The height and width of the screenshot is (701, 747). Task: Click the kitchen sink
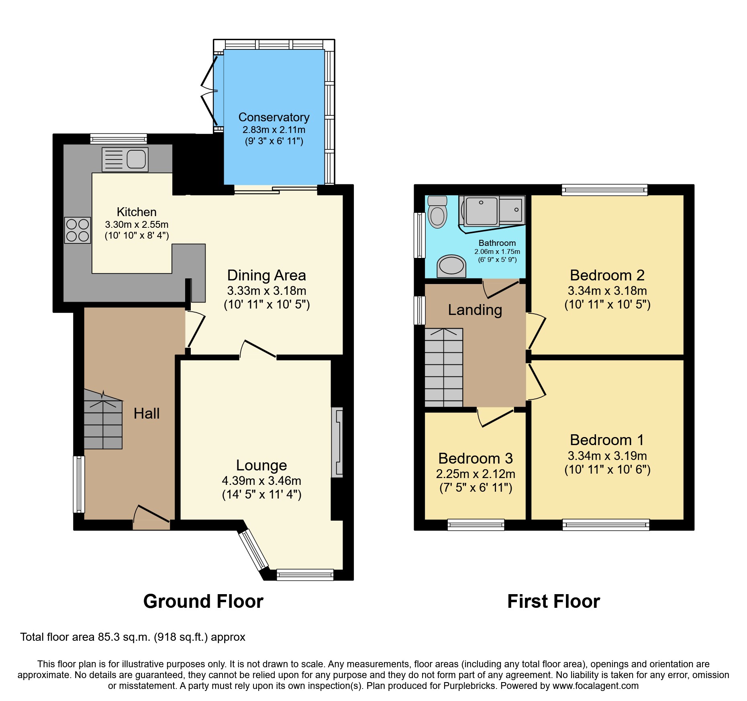pyautogui.click(x=125, y=159)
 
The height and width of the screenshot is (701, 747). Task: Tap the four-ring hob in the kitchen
pyautogui.click(x=78, y=230)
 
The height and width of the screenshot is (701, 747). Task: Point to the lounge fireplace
pyautogui.click(x=337, y=442)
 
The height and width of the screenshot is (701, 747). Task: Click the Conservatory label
pyautogui.click(x=274, y=117)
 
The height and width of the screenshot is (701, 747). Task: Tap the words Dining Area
pyautogui.click(x=266, y=276)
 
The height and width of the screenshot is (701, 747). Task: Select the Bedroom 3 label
pyautogui.click(x=476, y=458)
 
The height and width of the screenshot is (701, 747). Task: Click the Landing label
pyautogui.click(x=475, y=310)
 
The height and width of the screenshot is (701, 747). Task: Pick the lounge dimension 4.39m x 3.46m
pyautogui.click(x=261, y=481)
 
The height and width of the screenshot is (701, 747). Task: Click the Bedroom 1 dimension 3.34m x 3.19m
pyautogui.click(x=607, y=456)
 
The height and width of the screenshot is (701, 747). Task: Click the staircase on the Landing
pyautogui.click(x=444, y=368)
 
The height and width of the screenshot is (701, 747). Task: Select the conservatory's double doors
pyautogui.click(x=209, y=92)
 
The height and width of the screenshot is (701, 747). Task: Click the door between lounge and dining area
pyautogui.click(x=258, y=349)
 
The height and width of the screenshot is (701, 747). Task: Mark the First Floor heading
pyautogui.click(x=553, y=602)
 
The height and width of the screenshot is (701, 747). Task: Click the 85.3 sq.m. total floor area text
pyautogui.click(x=133, y=637)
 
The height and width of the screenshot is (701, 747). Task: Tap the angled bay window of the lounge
pyautogui.click(x=253, y=550)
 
